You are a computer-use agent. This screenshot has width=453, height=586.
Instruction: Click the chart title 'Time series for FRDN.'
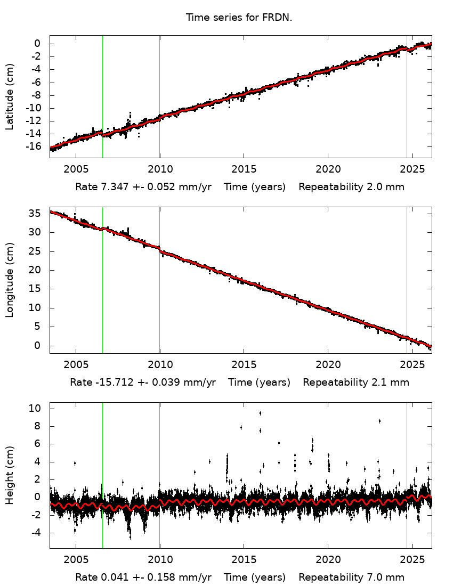coord(239,18)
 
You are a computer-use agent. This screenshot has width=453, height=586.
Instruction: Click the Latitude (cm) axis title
coord(10,96)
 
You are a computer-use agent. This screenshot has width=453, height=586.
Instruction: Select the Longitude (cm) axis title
coord(10,280)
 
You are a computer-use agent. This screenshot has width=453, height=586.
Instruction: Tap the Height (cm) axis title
coord(10,475)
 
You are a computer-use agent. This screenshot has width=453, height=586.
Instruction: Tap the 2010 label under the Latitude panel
coord(159,169)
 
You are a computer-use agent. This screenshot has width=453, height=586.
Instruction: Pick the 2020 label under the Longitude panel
coord(327,365)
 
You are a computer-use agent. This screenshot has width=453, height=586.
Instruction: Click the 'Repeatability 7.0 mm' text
coord(351,577)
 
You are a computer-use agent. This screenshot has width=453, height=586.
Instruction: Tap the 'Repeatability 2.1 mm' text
coord(355,382)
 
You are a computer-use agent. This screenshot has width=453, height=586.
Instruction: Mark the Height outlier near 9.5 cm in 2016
coord(260,413)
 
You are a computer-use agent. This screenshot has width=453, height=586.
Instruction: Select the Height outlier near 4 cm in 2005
coord(75,463)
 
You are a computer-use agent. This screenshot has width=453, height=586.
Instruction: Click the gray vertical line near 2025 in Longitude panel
coord(407,266)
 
